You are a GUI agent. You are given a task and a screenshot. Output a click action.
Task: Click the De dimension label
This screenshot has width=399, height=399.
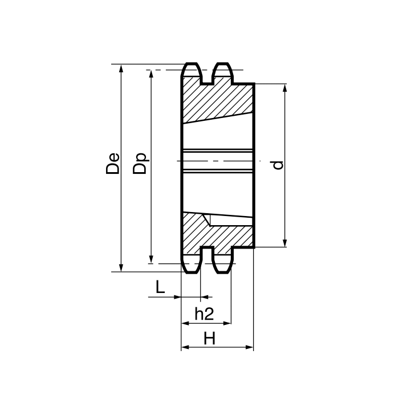113,163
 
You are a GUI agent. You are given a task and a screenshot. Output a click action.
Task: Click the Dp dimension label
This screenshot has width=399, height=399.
140,163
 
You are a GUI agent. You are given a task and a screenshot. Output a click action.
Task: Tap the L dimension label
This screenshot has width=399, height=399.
160,287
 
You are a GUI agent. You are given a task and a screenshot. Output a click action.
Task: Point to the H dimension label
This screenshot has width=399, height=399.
210,339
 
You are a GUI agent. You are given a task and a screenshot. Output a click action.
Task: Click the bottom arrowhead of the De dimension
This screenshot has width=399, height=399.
121,268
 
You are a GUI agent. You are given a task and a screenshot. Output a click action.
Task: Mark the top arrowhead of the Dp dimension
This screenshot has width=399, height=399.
152,74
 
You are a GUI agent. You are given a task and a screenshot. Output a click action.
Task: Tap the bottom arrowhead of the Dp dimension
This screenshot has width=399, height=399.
151,259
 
